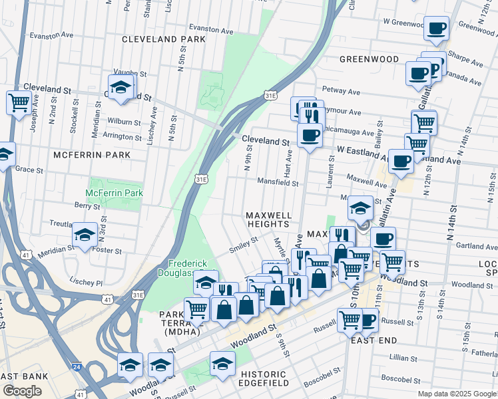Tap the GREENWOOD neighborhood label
point(369,59)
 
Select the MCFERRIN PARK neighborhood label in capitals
point(92,155)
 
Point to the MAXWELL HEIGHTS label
point(269,220)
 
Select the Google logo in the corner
point(22,391)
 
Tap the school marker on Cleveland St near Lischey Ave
point(121,87)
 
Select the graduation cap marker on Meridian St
point(85,235)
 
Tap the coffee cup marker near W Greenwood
point(436,29)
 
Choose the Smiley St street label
point(243,244)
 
